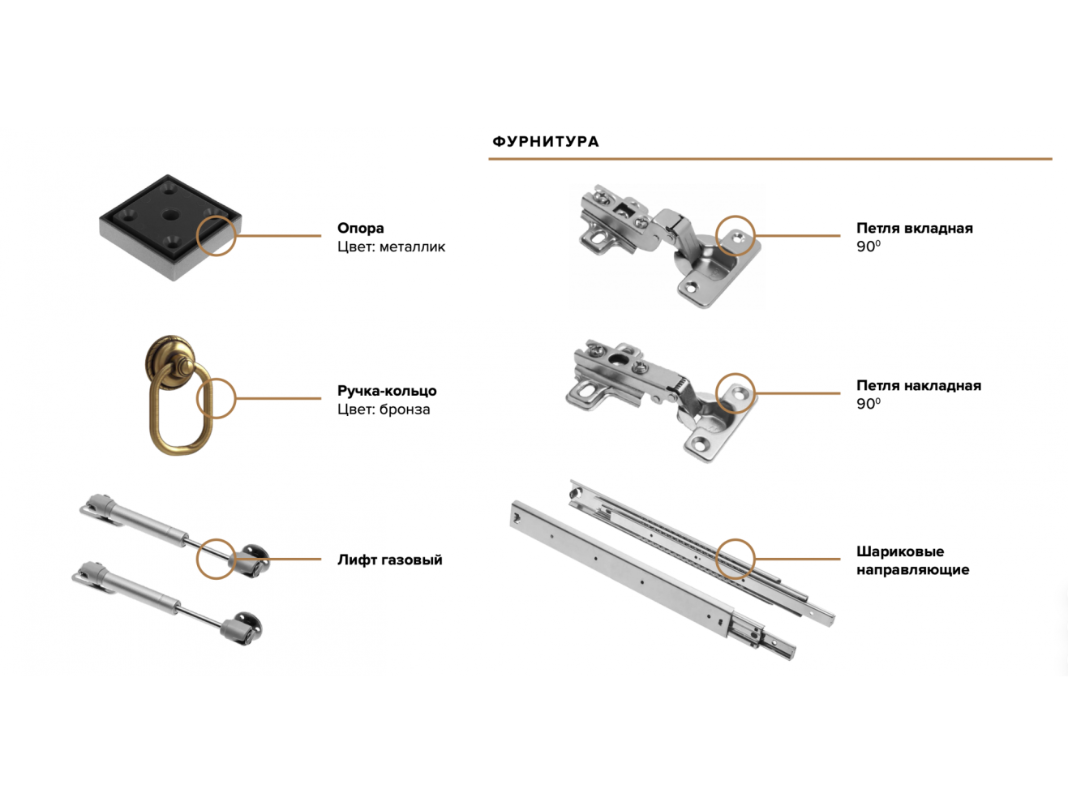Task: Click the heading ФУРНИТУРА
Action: [x=546, y=142]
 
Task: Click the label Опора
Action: [x=361, y=228]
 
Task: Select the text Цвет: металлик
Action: [x=391, y=247]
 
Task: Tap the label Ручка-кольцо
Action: [x=387, y=391]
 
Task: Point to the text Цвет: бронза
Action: [x=384, y=410]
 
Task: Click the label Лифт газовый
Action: [x=390, y=560]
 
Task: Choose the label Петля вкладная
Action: [x=915, y=228]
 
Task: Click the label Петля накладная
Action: [x=919, y=386]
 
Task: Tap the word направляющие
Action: [x=913, y=570]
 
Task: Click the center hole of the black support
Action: [x=170, y=214]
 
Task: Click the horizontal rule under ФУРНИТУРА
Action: [x=770, y=159]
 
